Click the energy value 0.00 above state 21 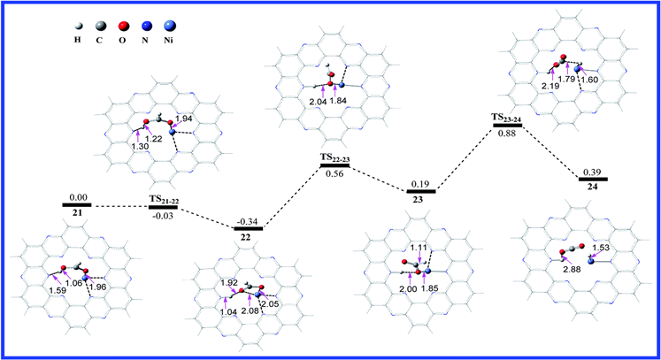[76, 196]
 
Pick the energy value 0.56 [333, 173]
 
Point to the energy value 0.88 [506, 134]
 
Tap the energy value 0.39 [591, 171]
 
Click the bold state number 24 [592, 188]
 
